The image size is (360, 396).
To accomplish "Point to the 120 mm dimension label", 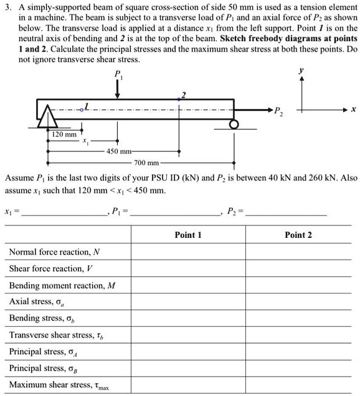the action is click(64, 134).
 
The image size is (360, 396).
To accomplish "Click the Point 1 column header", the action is click(187, 235).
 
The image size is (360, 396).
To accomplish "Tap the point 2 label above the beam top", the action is click(182, 95).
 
